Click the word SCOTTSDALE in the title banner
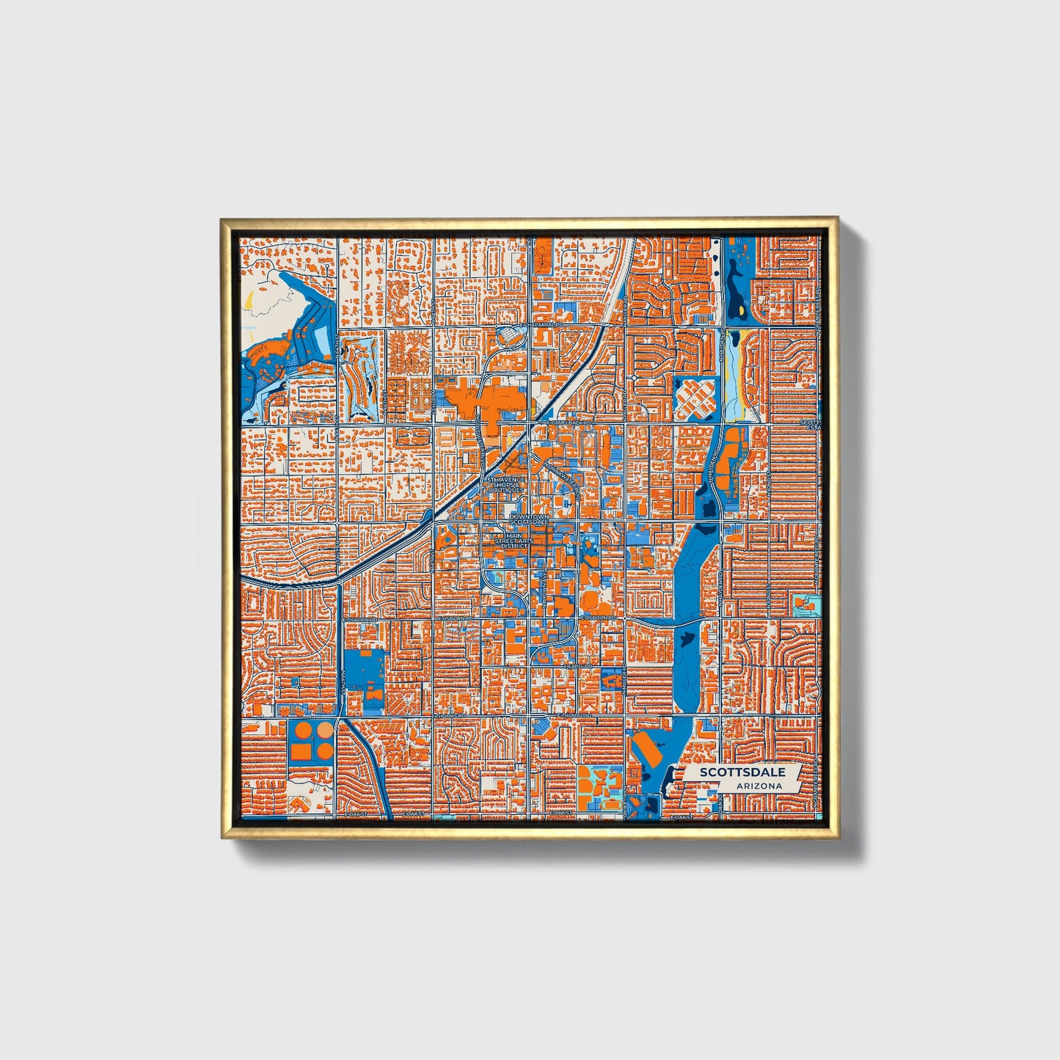(742, 772)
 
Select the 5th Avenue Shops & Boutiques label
(505, 485)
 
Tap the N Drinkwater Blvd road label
(566, 475)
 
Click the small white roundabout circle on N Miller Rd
(633, 377)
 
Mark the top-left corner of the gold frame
(222, 219)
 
